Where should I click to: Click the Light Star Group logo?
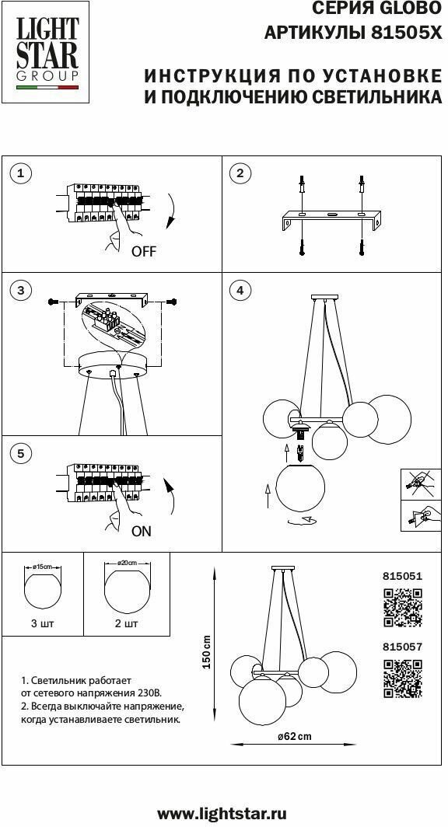pyautogui.click(x=47, y=51)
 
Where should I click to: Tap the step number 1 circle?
pyautogui.click(x=20, y=173)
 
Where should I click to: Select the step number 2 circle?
pyautogui.click(x=240, y=173)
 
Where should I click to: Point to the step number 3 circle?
pyautogui.click(x=20, y=290)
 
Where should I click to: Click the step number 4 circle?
pyautogui.click(x=240, y=290)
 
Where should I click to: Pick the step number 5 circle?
pyautogui.click(x=20, y=453)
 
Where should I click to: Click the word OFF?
pyautogui.click(x=144, y=252)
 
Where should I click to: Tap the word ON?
pyautogui.click(x=142, y=531)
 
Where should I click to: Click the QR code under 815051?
pyautogui.click(x=402, y=607)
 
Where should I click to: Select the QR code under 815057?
pyautogui.click(x=402, y=678)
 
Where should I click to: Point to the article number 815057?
pyautogui.click(x=402, y=647)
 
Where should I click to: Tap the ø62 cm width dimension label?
pyautogui.click(x=295, y=736)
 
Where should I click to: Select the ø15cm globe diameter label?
pyautogui.click(x=43, y=566)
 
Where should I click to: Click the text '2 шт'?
pyautogui.click(x=127, y=623)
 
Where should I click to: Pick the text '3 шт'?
pyautogui.click(x=43, y=623)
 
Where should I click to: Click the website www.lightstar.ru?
pyautogui.click(x=222, y=813)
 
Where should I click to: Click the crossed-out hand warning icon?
pyautogui.click(x=421, y=483)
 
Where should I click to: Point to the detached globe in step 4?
pyautogui.click(x=301, y=487)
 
